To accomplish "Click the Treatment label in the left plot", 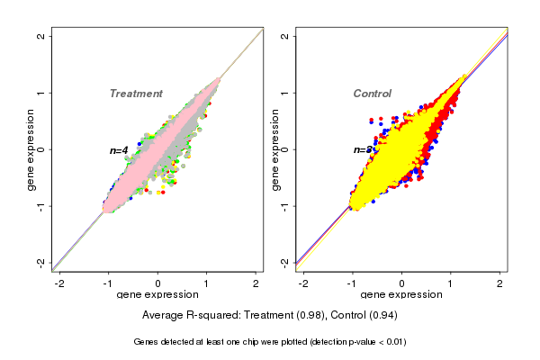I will [136, 94].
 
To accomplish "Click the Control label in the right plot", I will [372, 94].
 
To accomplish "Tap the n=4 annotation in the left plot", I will [119, 150].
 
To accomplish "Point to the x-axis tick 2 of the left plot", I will [256, 283].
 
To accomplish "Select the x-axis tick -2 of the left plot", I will [60, 283].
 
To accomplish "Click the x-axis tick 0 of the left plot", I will [158, 283].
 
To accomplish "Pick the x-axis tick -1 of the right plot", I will [354, 283].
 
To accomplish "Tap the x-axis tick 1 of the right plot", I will [452, 283].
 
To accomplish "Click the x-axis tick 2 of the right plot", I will [501, 283].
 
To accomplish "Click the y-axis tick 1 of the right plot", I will [284, 93].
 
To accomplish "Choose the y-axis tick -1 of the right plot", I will [284, 205].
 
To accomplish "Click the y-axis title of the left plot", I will [31, 149].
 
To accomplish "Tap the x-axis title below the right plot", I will [401, 295].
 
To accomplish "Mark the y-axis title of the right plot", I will [274, 149].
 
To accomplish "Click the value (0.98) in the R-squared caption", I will [310, 316].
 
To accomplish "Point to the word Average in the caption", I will [163, 316].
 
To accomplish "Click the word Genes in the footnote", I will [147, 342].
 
